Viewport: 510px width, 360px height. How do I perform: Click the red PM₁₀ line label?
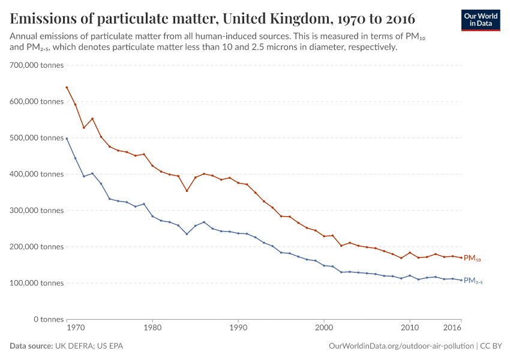coord(473,258)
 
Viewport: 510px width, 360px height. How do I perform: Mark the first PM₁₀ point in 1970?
coord(67,87)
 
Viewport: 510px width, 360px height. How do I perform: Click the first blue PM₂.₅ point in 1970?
coord(67,139)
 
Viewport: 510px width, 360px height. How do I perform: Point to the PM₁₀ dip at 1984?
coord(187,191)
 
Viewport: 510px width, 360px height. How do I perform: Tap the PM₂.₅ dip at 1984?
coord(187,234)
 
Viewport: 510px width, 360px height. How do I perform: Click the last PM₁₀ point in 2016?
coord(461,257)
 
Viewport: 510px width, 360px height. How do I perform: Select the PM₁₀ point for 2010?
coord(410,253)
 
